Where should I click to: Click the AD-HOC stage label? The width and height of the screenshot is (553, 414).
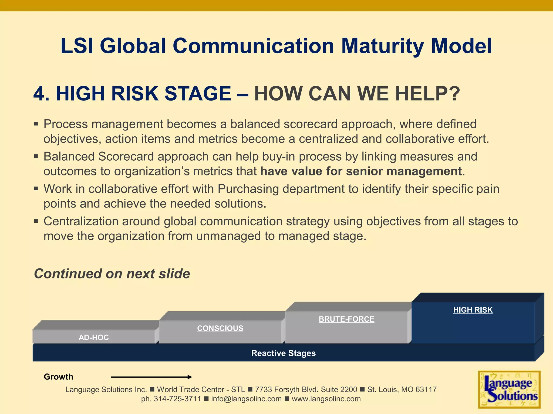click(x=94, y=337)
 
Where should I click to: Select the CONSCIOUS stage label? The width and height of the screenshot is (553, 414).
click(x=220, y=328)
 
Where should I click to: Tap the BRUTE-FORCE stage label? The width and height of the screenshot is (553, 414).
click(x=346, y=319)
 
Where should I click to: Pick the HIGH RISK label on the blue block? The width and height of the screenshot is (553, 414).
click(x=473, y=310)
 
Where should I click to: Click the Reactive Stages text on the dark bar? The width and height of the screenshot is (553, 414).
click(x=283, y=353)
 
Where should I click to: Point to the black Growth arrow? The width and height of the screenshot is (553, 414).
click(x=151, y=377)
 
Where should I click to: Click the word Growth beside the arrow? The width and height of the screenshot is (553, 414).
click(x=58, y=377)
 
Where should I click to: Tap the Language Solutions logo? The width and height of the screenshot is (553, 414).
click(x=509, y=389)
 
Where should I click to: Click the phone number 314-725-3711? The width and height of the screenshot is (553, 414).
click(x=177, y=399)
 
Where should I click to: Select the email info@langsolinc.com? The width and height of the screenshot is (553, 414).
click(x=246, y=399)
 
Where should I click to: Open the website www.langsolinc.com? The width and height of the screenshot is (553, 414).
click(x=326, y=399)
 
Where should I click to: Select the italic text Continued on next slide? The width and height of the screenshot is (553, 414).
click(x=112, y=274)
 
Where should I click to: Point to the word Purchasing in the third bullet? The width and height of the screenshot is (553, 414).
click(x=248, y=189)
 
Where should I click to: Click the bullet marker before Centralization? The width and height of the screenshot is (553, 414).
click(x=36, y=221)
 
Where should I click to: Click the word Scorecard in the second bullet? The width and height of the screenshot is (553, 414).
click(x=126, y=157)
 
